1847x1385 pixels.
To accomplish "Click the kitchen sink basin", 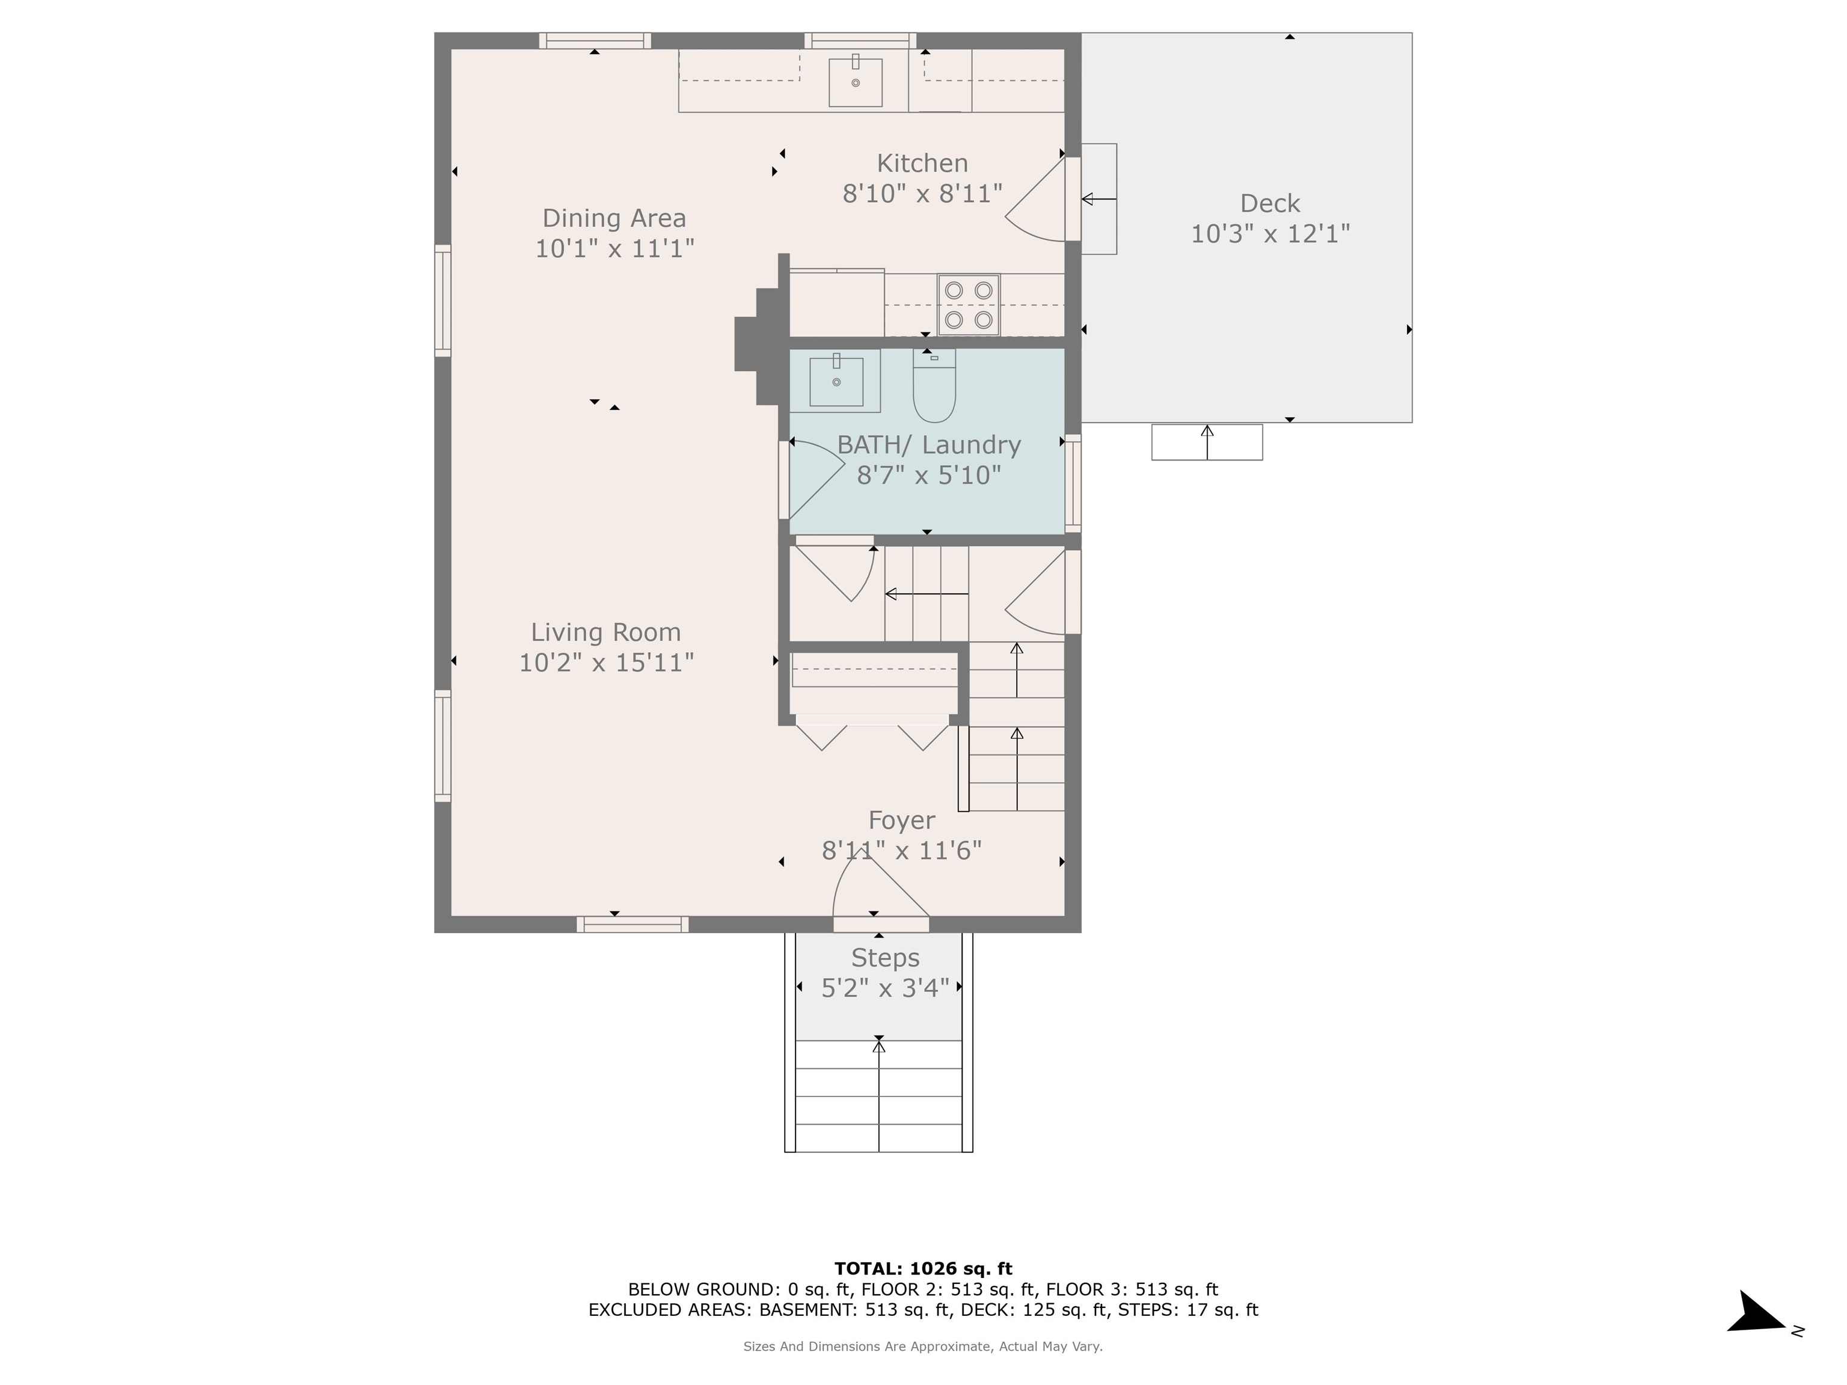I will tap(855, 82).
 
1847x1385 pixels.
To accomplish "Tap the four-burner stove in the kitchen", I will tap(969, 305).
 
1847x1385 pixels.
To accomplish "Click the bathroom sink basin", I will tap(836, 382).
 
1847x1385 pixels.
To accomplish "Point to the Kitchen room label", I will tap(922, 163).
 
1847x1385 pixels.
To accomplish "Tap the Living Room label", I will tap(606, 632).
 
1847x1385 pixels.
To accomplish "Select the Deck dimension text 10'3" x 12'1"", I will tap(1269, 234).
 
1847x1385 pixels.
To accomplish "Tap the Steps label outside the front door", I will tap(885, 958).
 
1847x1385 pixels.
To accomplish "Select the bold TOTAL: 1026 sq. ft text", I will tap(923, 1269).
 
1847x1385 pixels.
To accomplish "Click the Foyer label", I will tap(901, 821).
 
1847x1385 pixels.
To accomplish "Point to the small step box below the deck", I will tap(1207, 442).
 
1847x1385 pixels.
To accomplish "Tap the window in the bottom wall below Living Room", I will tap(632, 924).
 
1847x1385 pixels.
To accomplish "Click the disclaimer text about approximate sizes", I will tap(923, 1346).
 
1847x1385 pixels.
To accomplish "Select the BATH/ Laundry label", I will tap(928, 445).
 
